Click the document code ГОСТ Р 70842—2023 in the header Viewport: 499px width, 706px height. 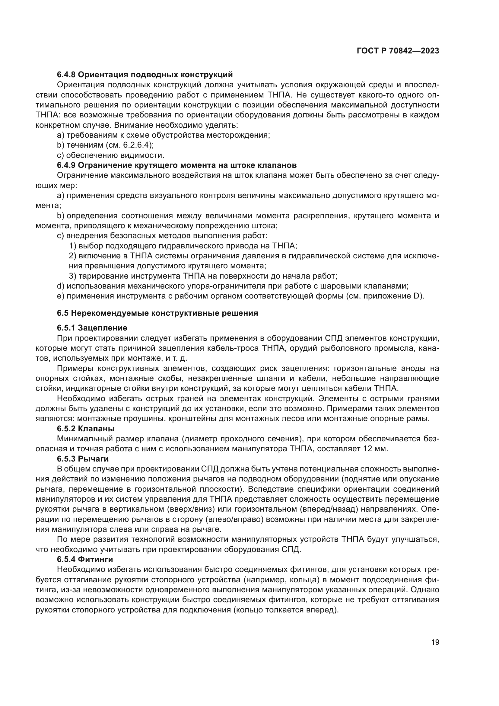(398, 51)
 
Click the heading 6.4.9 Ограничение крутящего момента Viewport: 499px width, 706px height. (177, 165)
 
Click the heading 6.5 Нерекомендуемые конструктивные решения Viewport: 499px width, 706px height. (157, 313)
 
